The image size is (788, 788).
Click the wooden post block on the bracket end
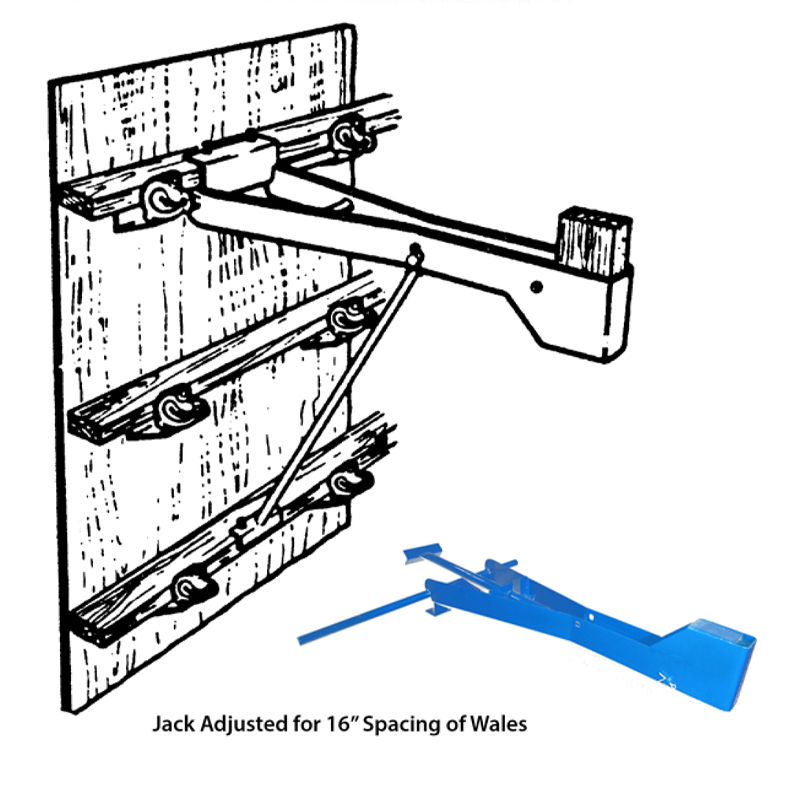pos(594,240)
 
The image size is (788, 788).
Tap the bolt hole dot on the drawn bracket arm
pos(536,287)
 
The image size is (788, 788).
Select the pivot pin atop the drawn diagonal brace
pos(415,253)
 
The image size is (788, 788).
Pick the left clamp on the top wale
pos(165,199)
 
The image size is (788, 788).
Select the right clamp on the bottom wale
pos(348,484)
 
